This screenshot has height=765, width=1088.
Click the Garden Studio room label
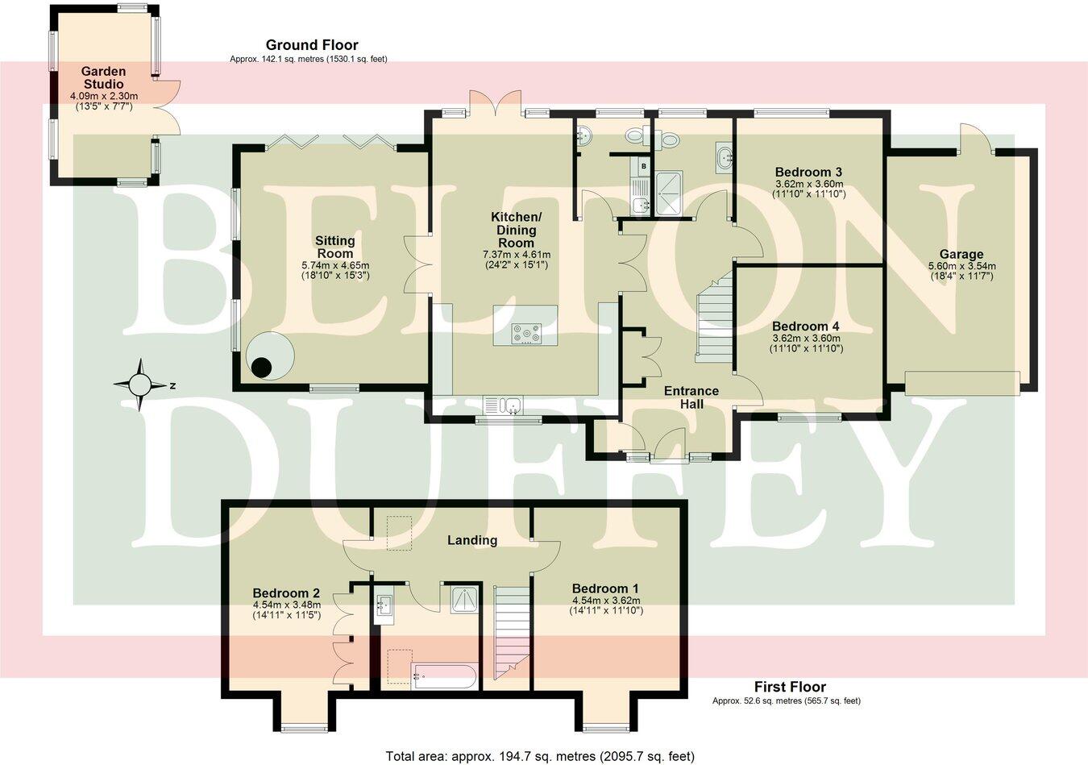(x=103, y=78)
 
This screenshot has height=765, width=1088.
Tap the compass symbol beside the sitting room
(x=140, y=385)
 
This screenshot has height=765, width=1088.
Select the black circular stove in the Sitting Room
(x=261, y=368)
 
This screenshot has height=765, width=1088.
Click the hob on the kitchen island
(x=527, y=333)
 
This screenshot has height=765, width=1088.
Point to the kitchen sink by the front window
(x=504, y=404)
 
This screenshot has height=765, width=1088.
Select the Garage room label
(x=961, y=255)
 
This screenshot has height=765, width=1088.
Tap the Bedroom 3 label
(x=808, y=172)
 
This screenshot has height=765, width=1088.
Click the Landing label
(x=472, y=540)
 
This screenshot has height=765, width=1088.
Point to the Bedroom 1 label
(x=605, y=588)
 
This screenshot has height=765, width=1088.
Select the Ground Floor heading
(x=312, y=45)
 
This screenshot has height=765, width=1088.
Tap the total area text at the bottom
(x=539, y=756)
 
